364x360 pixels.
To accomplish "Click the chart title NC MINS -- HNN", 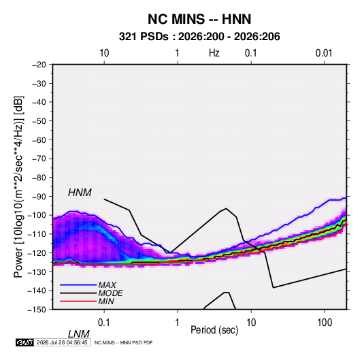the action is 199,19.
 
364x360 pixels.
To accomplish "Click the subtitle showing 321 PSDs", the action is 199,37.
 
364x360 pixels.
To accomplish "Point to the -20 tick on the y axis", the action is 39,65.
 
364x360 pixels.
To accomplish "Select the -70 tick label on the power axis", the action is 39,159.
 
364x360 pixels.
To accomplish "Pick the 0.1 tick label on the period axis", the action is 104,323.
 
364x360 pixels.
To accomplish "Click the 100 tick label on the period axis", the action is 325,323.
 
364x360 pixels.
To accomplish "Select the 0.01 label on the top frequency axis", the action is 324,53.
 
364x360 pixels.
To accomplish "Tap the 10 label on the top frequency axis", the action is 104,53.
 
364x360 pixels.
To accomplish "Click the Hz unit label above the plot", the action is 214,53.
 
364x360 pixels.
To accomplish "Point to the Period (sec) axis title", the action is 214,330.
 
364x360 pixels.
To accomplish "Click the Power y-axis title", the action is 18,186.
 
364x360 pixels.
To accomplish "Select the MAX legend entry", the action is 107,285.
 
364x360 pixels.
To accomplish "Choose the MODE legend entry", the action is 110,293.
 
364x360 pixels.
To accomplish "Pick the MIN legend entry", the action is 106,301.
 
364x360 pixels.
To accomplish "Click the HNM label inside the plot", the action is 80,193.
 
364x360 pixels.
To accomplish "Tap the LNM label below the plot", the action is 79,334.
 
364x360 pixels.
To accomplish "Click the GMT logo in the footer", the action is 25,342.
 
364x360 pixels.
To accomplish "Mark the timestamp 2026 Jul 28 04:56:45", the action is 62,342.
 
